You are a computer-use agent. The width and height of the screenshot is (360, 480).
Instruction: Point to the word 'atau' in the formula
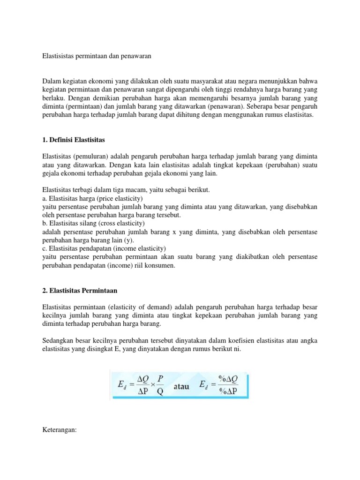pos(183,387)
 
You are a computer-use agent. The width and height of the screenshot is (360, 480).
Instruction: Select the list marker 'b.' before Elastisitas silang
pos(45,223)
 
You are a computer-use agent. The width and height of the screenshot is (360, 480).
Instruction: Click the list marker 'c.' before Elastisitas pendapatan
pos(45,248)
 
